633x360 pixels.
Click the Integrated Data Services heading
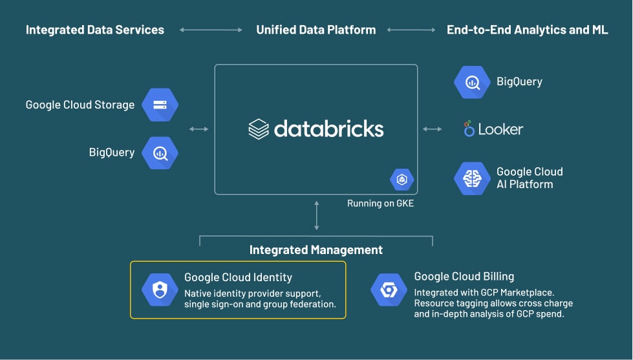coord(95,30)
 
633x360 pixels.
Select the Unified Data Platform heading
coord(316,30)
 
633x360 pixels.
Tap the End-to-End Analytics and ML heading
coord(527,30)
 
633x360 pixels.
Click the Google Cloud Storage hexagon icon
coord(160,105)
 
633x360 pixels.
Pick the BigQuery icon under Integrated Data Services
coord(160,153)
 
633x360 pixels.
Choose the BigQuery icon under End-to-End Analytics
coord(472,82)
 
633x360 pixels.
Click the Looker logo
coord(493,129)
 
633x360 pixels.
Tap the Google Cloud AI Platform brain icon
coord(472,178)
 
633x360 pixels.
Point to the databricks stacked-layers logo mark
coord(258,129)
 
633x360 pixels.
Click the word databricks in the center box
coord(328,128)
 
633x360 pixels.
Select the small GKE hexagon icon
coord(402,179)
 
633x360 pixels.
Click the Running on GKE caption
coord(380,204)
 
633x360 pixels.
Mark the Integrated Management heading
coord(316,249)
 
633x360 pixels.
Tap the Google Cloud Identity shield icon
coord(160,290)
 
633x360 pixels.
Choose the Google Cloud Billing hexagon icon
coord(389,290)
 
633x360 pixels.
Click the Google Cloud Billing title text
coord(464,277)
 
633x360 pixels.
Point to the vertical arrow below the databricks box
coord(316,215)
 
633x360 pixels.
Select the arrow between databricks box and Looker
coord(433,129)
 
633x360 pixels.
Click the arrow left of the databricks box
coord(198,129)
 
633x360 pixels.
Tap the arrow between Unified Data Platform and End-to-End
coord(411,30)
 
